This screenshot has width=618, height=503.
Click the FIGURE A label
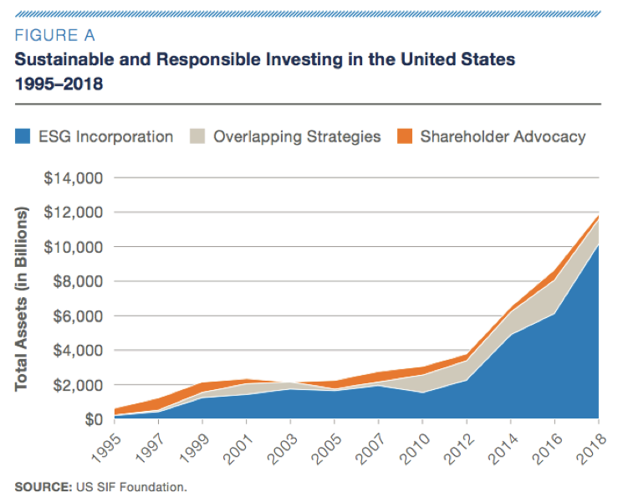click(55, 35)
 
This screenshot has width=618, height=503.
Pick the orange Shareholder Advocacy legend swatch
click(406, 136)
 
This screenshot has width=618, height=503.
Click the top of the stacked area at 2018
click(598, 217)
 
